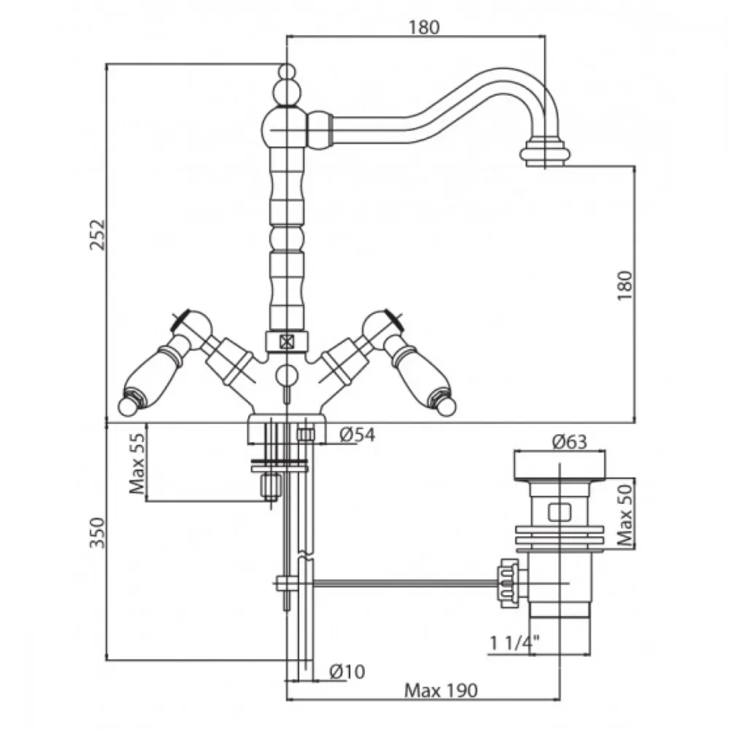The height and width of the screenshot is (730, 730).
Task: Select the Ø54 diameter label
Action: (x=358, y=435)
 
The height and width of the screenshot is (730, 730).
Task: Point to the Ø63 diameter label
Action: (x=569, y=441)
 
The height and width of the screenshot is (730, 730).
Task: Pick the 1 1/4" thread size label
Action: (x=514, y=643)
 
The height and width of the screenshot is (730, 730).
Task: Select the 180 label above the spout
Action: (x=424, y=28)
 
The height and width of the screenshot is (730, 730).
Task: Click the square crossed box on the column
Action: (x=287, y=340)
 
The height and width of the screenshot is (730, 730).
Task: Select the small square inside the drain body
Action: (x=559, y=512)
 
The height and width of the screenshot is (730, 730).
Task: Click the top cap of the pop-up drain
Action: (x=561, y=466)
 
